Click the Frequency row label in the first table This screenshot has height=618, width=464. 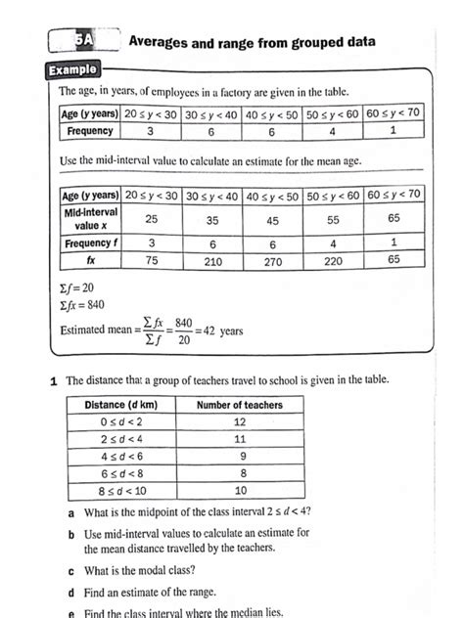(x=89, y=130)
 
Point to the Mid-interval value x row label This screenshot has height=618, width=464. (x=90, y=218)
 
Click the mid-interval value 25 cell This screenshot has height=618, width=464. (x=151, y=219)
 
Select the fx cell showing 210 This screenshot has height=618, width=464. (x=212, y=262)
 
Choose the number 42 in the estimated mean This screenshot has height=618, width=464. (x=208, y=331)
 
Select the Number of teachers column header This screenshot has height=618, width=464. (x=239, y=405)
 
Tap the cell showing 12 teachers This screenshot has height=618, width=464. (x=239, y=421)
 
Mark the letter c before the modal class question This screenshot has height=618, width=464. (x=71, y=570)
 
